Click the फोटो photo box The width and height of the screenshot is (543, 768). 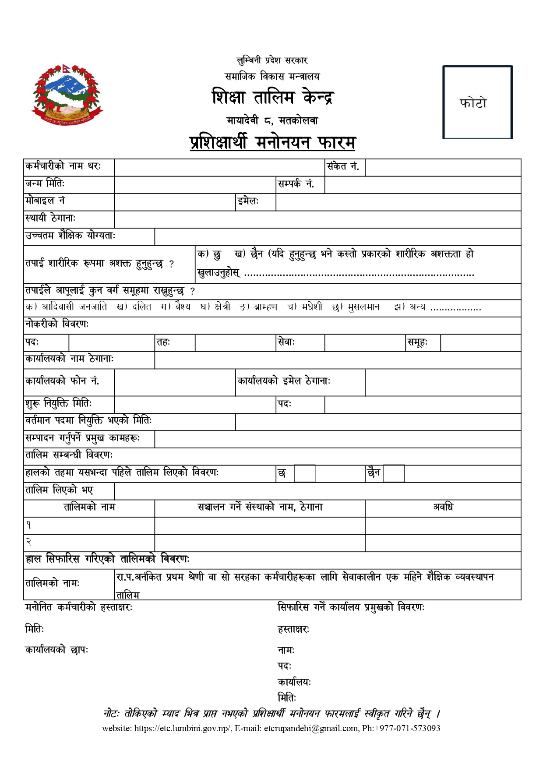(x=477, y=102)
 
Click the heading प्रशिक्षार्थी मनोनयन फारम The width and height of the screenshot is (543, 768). (x=272, y=143)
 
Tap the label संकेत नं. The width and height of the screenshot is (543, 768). (x=343, y=167)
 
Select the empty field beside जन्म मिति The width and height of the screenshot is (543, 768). (x=195, y=185)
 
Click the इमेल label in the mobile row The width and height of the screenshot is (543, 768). (x=248, y=202)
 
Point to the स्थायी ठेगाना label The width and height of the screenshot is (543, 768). (x=50, y=218)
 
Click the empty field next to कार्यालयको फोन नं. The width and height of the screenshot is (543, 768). (x=175, y=382)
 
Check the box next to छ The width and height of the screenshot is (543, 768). (x=304, y=474)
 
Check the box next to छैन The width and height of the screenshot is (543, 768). (x=394, y=474)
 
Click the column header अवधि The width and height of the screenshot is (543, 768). (x=443, y=507)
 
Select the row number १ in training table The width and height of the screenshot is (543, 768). (x=29, y=525)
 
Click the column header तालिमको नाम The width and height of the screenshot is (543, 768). (x=89, y=507)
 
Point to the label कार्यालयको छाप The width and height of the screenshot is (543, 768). (x=56, y=650)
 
